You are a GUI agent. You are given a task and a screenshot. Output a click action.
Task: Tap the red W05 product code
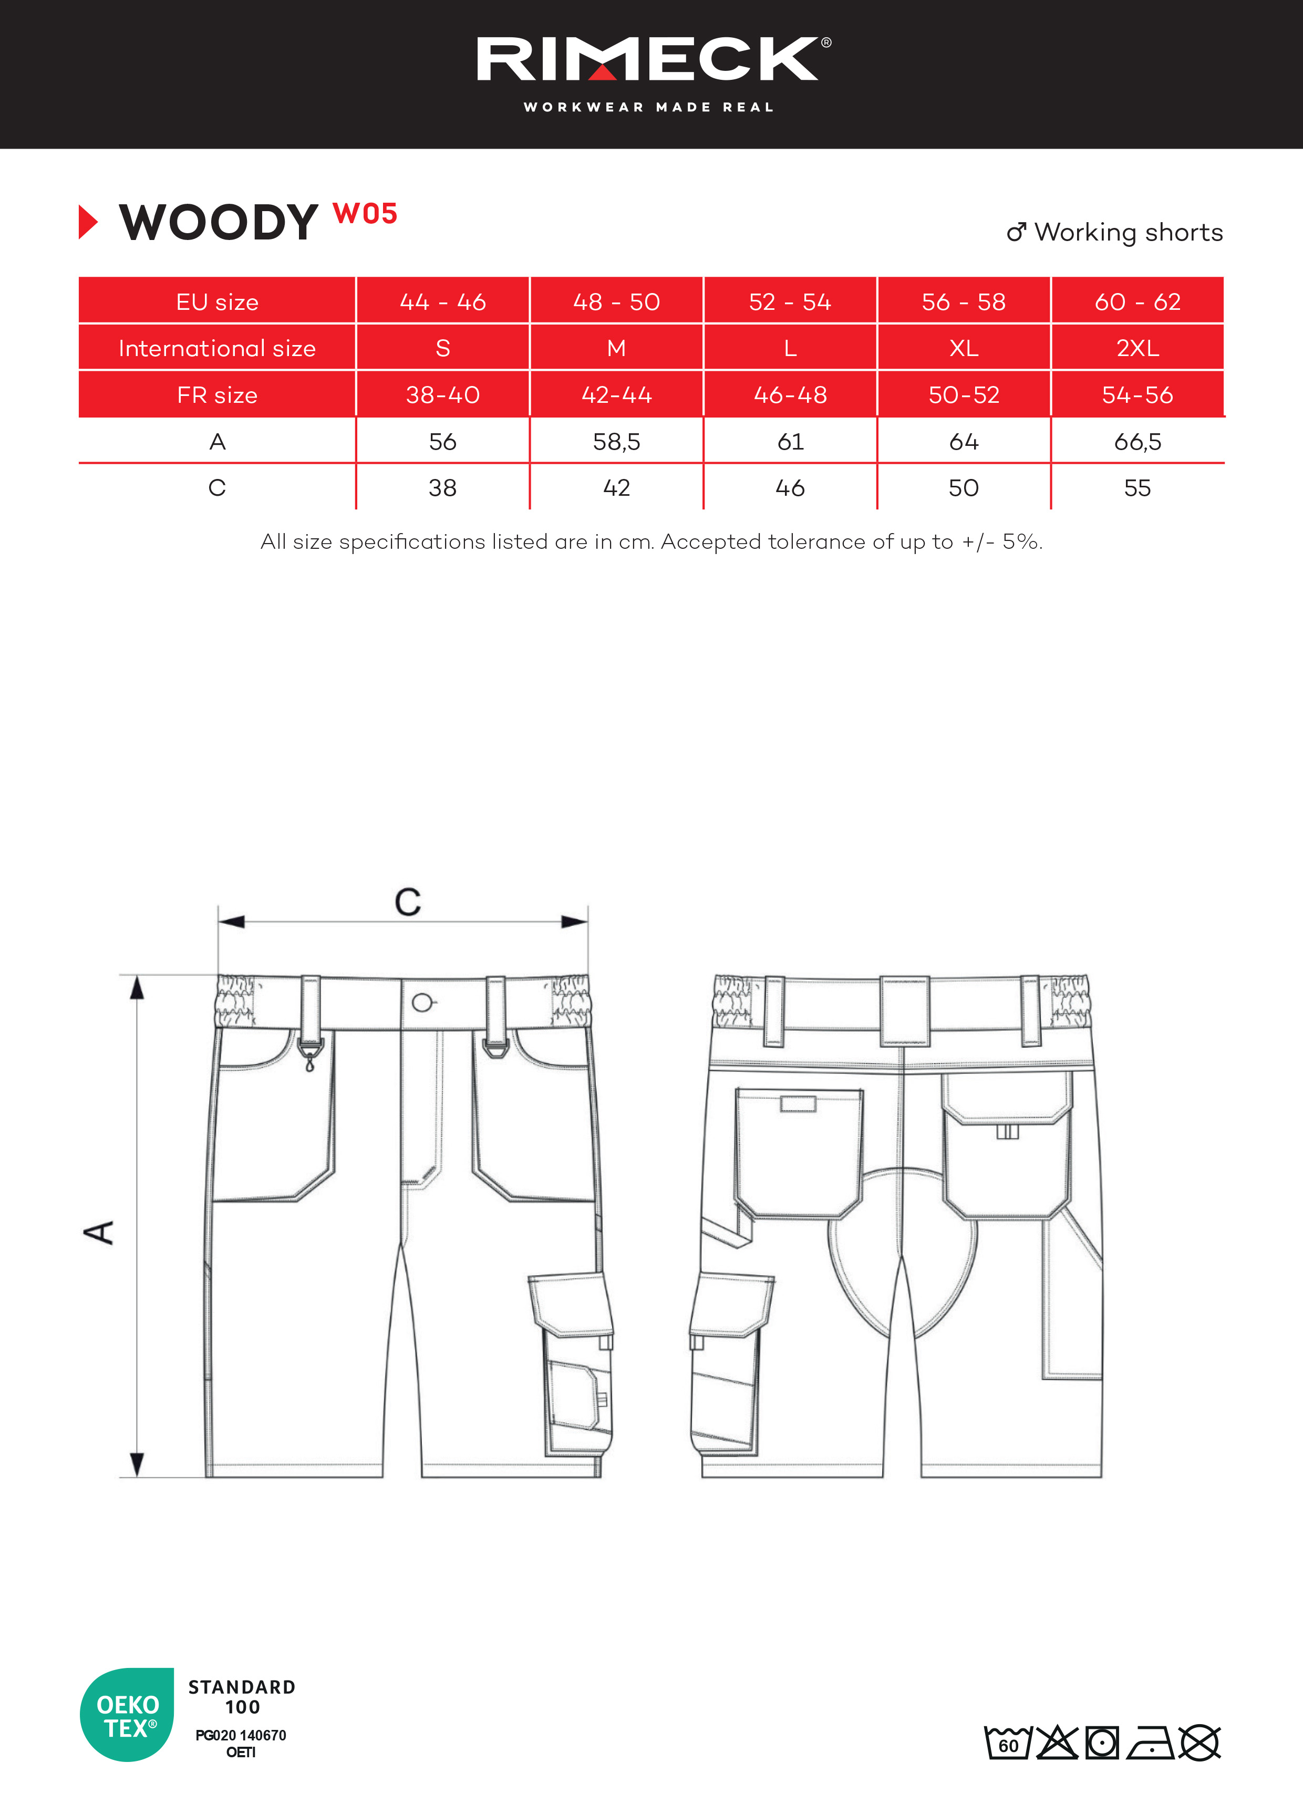click(365, 214)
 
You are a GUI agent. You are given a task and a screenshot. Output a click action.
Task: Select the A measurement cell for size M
click(616, 441)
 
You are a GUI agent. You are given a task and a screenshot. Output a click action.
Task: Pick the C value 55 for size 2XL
click(1137, 488)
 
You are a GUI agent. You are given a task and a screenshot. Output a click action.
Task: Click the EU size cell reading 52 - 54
click(790, 301)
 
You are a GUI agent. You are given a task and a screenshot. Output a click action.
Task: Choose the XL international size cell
click(964, 348)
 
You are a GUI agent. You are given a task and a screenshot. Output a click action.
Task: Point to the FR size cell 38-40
click(442, 395)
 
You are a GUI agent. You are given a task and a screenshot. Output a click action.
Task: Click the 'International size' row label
click(217, 348)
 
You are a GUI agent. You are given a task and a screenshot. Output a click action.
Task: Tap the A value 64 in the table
click(964, 441)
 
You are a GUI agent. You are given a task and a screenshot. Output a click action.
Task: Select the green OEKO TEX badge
click(127, 1715)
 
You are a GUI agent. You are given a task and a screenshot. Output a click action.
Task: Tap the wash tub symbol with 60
click(1007, 1743)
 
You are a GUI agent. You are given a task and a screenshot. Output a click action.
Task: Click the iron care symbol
click(1151, 1743)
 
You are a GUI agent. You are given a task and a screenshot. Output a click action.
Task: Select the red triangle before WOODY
click(88, 222)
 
